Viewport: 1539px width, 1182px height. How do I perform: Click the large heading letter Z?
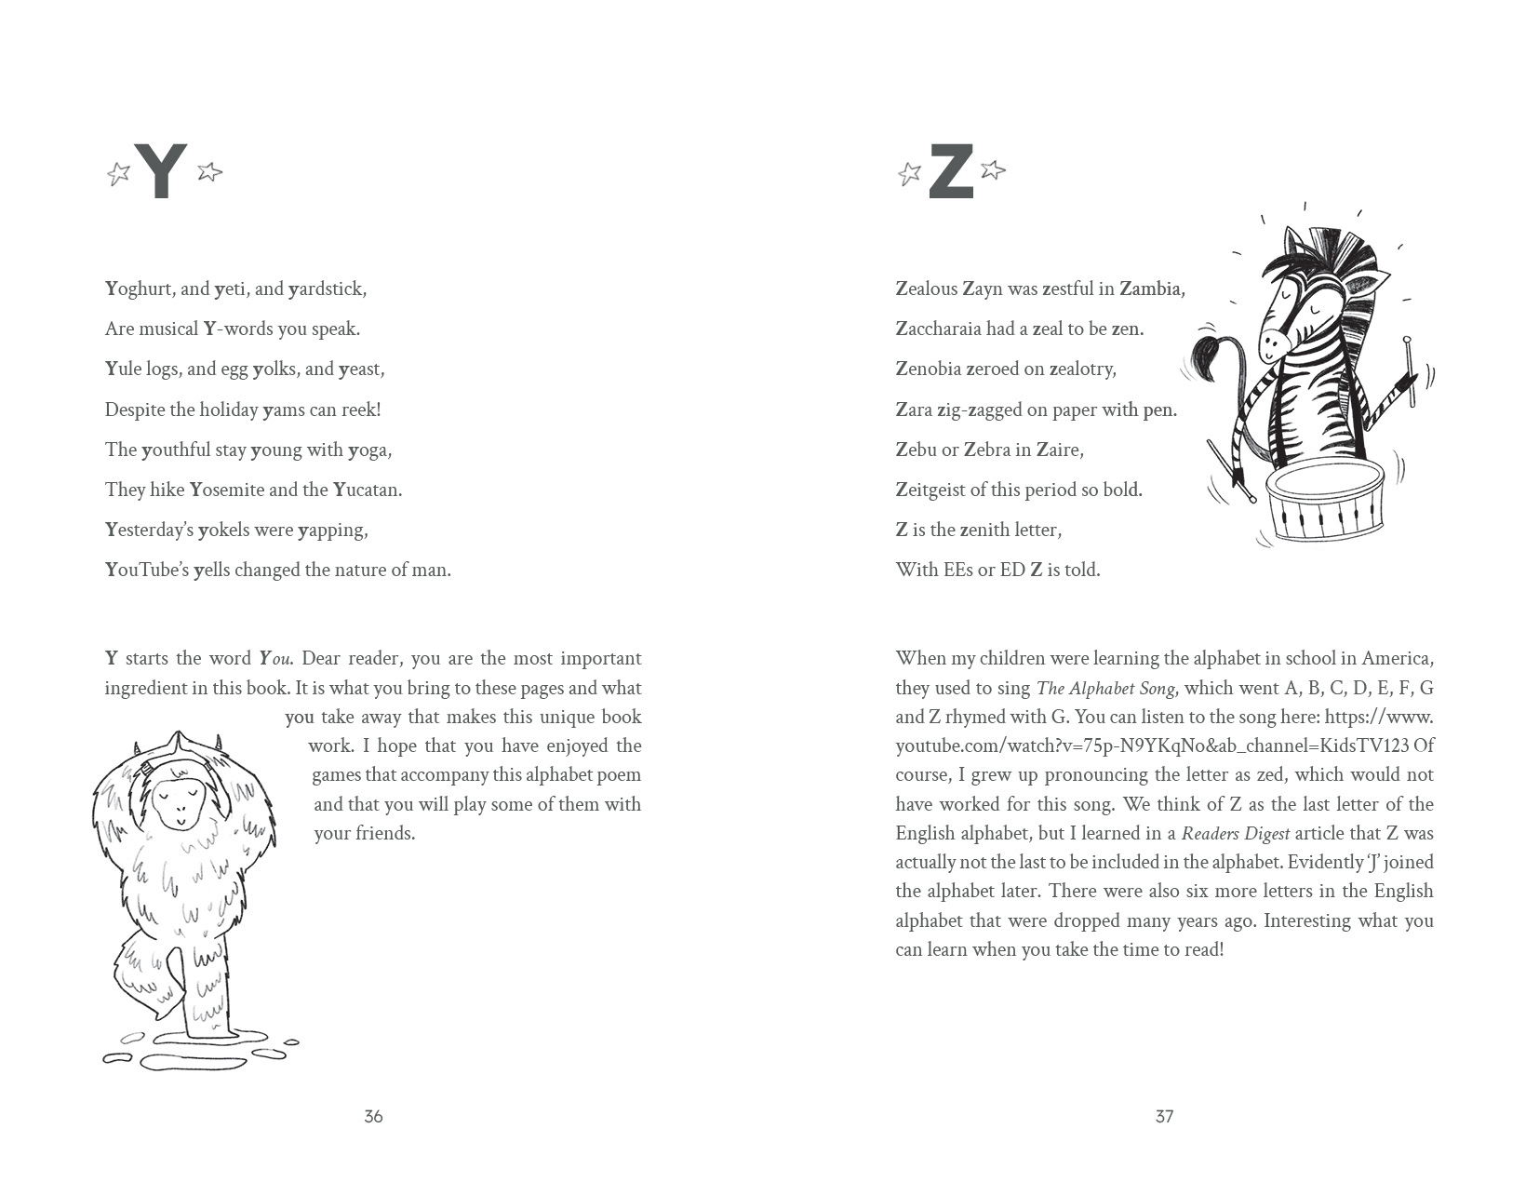(x=951, y=171)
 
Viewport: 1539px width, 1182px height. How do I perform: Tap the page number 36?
(x=373, y=1116)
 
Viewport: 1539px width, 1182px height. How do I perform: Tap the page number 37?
(x=1164, y=1116)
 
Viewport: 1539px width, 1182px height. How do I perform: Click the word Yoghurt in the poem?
(x=139, y=289)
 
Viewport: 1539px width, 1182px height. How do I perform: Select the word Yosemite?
(x=227, y=490)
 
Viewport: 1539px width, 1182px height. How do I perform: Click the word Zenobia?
(x=928, y=369)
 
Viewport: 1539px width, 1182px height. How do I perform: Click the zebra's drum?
(x=1325, y=503)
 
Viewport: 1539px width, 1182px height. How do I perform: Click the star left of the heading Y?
(x=118, y=173)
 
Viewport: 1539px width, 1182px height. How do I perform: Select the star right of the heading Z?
(x=993, y=169)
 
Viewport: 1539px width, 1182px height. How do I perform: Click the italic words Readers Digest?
(x=1235, y=833)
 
